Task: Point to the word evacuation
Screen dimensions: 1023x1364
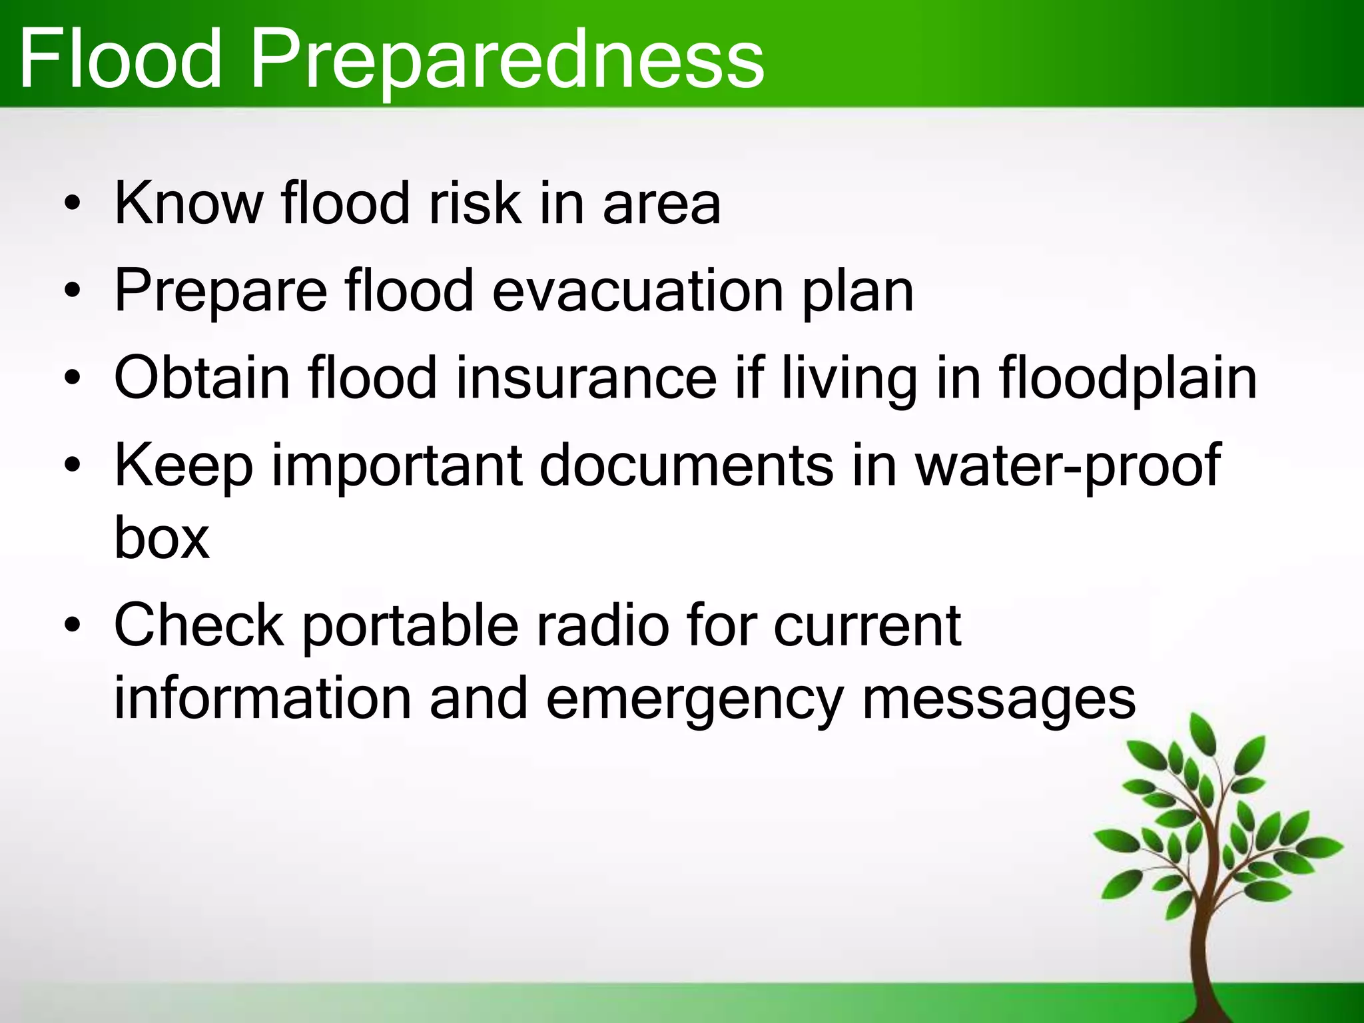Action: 637,291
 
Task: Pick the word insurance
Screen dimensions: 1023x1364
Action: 586,378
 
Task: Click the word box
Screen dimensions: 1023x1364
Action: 162,538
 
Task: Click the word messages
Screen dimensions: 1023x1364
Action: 999,701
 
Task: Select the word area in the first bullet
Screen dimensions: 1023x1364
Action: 661,204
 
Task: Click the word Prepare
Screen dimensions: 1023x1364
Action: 220,291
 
